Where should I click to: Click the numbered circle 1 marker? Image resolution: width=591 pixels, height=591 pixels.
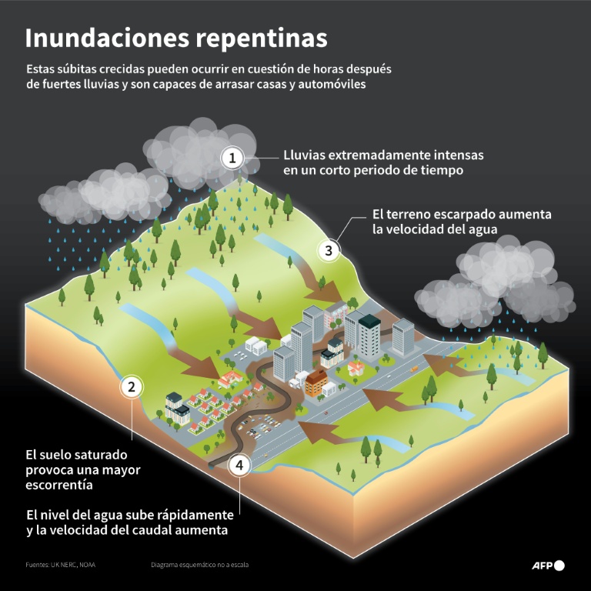point(232,159)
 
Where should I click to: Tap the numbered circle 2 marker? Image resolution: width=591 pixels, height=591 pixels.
point(132,387)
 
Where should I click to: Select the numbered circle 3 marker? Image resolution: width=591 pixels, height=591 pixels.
point(329,250)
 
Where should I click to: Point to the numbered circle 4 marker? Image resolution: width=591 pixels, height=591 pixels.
point(240,465)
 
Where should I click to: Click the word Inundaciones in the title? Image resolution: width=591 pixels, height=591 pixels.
point(104,38)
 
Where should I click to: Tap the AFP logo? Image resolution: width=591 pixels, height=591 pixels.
point(548,566)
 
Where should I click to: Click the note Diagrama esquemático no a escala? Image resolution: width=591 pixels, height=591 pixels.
point(199,565)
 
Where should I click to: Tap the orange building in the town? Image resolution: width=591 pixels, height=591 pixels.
point(316,382)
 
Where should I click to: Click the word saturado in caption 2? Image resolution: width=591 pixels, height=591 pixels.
point(96,454)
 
